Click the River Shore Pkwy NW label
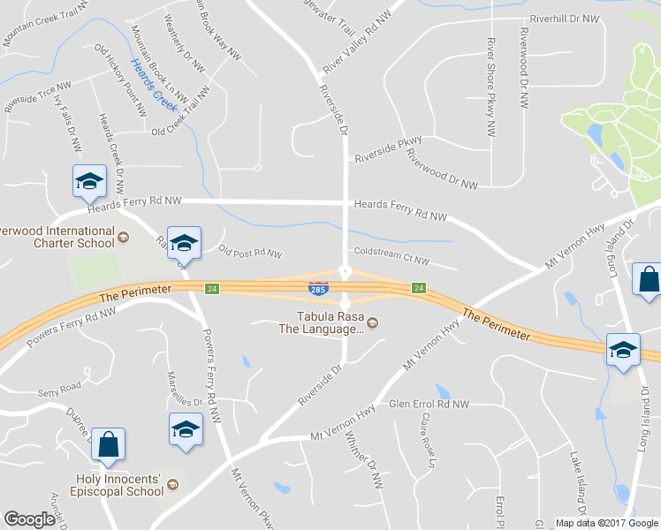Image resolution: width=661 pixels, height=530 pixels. pyautogui.click(x=490, y=87)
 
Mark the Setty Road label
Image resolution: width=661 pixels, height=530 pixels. pyautogui.click(x=58, y=386)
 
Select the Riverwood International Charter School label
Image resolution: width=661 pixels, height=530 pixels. pyautogui.click(x=57, y=236)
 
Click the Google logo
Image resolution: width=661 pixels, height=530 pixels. pyautogui.click(x=29, y=519)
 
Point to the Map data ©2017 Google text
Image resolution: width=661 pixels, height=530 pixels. pyautogui.click(x=606, y=523)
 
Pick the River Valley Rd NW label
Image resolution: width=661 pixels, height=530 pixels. pyautogui.click(x=357, y=43)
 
